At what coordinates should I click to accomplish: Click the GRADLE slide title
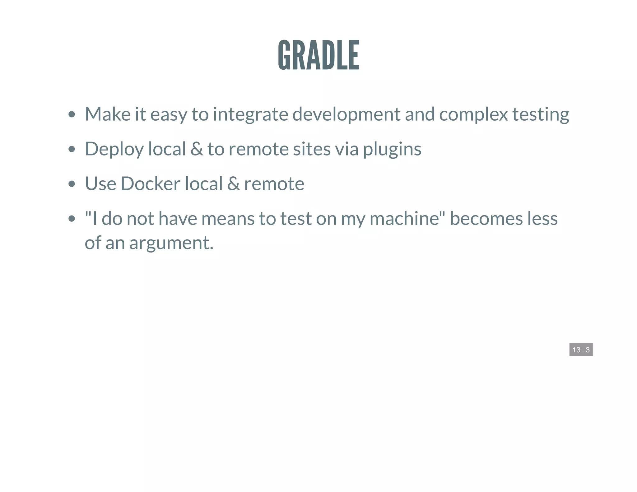pyautogui.click(x=318, y=55)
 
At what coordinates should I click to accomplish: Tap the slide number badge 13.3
pyautogui.click(x=581, y=350)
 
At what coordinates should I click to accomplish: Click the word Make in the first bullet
pyautogui.click(x=108, y=114)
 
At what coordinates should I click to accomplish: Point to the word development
pyautogui.click(x=346, y=114)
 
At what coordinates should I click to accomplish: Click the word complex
pyautogui.click(x=473, y=114)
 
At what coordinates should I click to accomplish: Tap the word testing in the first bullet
pyautogui.click(x=541, y=114)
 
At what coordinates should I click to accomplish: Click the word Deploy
pyautogui.click(x=114, y=149)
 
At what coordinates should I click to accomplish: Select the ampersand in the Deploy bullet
pyautogui.click(x=197, y=149)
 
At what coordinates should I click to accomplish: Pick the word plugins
pyautogui.click(x=392, y=149)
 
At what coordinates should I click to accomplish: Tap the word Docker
pyautogui.click(x=150, y=183)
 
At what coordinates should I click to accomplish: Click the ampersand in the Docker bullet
pyautogui.click(x=233, y=183)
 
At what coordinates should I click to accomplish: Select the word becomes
pyautogui.click(x=486, y=218)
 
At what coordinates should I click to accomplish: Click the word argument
pyautogui.click(x=171, y=243)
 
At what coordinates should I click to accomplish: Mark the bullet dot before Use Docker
pyautogui.click(x=72, y=184)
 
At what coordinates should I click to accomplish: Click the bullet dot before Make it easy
pyautogui.click(x=72, y=114)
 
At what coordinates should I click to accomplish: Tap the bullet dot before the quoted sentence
pyautogui.click(x=72, y=219)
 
